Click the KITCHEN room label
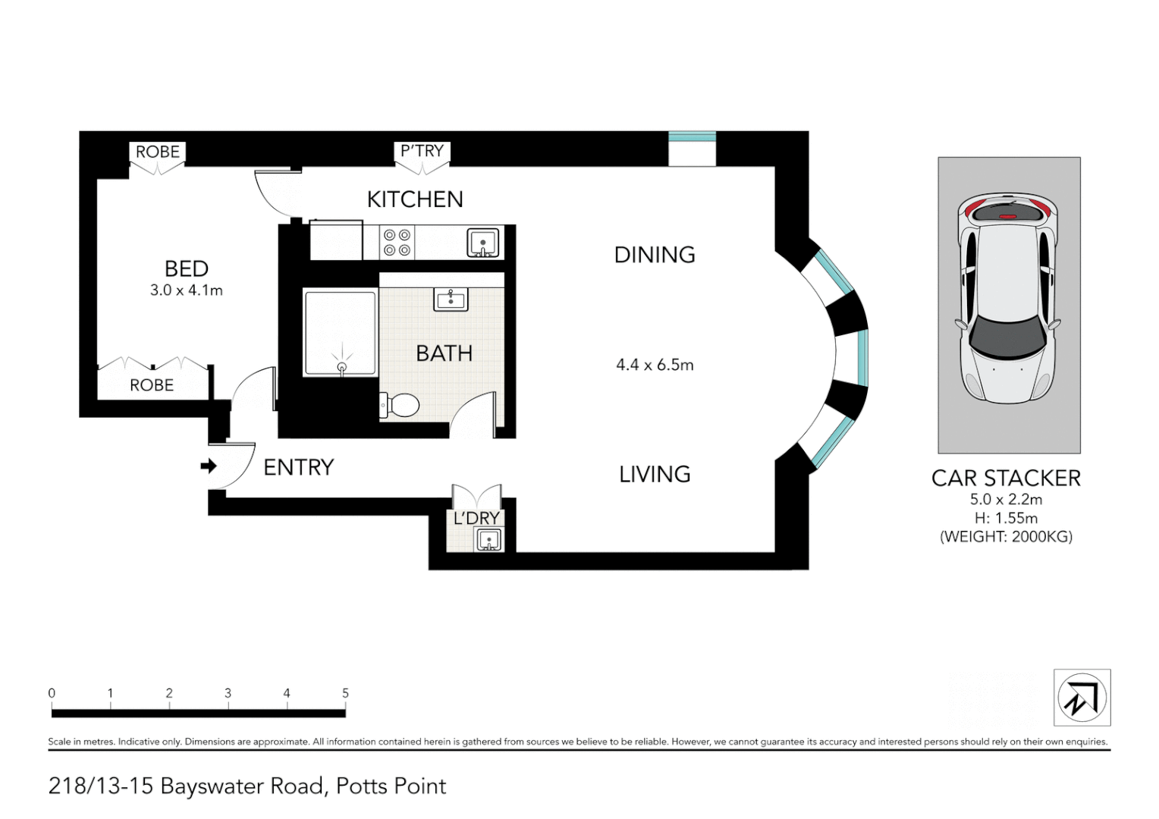[415, 199]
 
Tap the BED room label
[187, 268]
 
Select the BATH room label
[444, 353]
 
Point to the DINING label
[655, 255]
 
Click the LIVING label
[655, 475]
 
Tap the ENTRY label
[298, 468]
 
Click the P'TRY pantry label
[422, 151]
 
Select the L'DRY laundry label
[476, 518]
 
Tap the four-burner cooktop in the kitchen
[397, 243]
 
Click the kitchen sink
[482, 243]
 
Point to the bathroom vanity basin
[451, 299]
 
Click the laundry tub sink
[488, 540]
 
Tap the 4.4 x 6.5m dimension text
[655, 365]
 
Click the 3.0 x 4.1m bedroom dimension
[187, 290]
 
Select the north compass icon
[1082, 698]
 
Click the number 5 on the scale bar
[345, 693]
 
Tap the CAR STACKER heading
[1006, 479]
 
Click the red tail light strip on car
[1007, 216]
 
